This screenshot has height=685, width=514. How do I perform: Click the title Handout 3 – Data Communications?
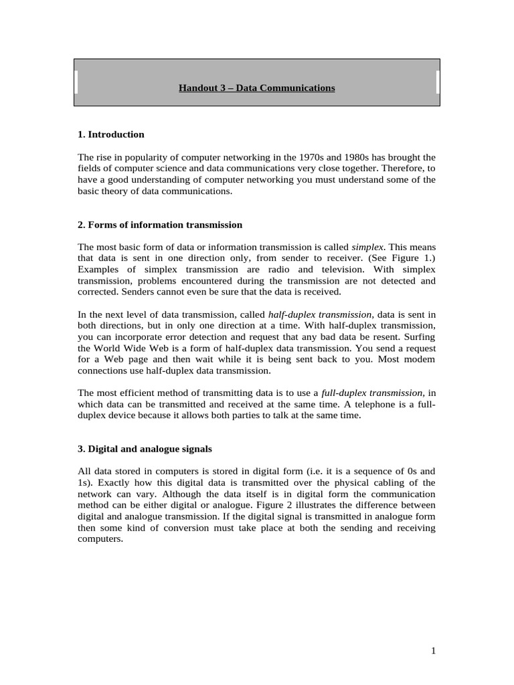point(257,88)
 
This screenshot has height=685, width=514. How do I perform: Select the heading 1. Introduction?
point(111,134)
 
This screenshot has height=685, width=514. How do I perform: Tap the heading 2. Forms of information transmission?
point(160,225)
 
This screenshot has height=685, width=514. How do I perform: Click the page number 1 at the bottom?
point(434,650)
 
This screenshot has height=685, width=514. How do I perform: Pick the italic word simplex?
point(368,246)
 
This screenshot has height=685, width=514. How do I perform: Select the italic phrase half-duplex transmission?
point(320,314)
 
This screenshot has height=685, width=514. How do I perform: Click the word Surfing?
point(420,336)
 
